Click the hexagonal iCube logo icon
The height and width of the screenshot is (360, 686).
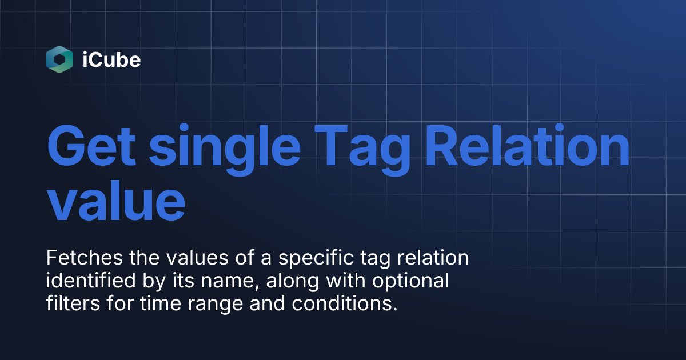(59, 59)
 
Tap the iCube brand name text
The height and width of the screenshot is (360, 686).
(111, 59)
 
